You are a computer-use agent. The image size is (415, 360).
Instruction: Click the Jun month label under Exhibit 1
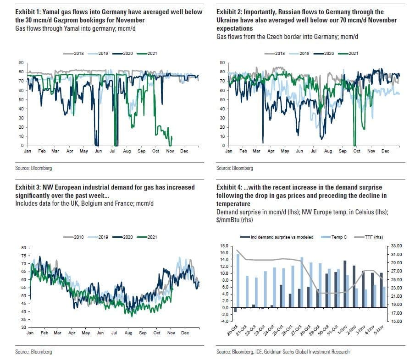(98, 151)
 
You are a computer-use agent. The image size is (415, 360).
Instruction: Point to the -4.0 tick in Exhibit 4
(223, 322)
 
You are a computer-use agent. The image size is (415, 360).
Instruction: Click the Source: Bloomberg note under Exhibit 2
(234, 168)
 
